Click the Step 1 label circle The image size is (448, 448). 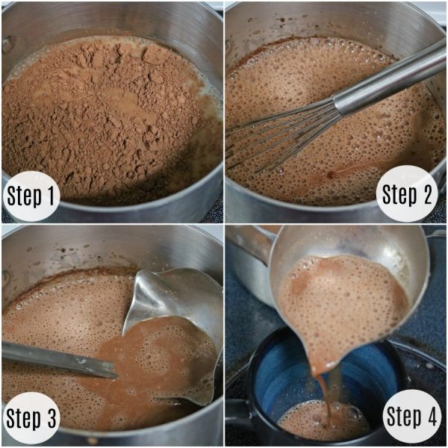tap(31, 196)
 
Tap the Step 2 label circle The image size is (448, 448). tap(407, 193)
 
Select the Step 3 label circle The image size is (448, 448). tap(31, 417)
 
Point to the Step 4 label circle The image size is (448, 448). tap(411, 416)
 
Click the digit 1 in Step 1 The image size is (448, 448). tap(50, 195)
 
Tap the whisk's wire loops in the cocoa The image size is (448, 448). tap(283, 135)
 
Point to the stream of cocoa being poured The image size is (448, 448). tap(326, 398)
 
